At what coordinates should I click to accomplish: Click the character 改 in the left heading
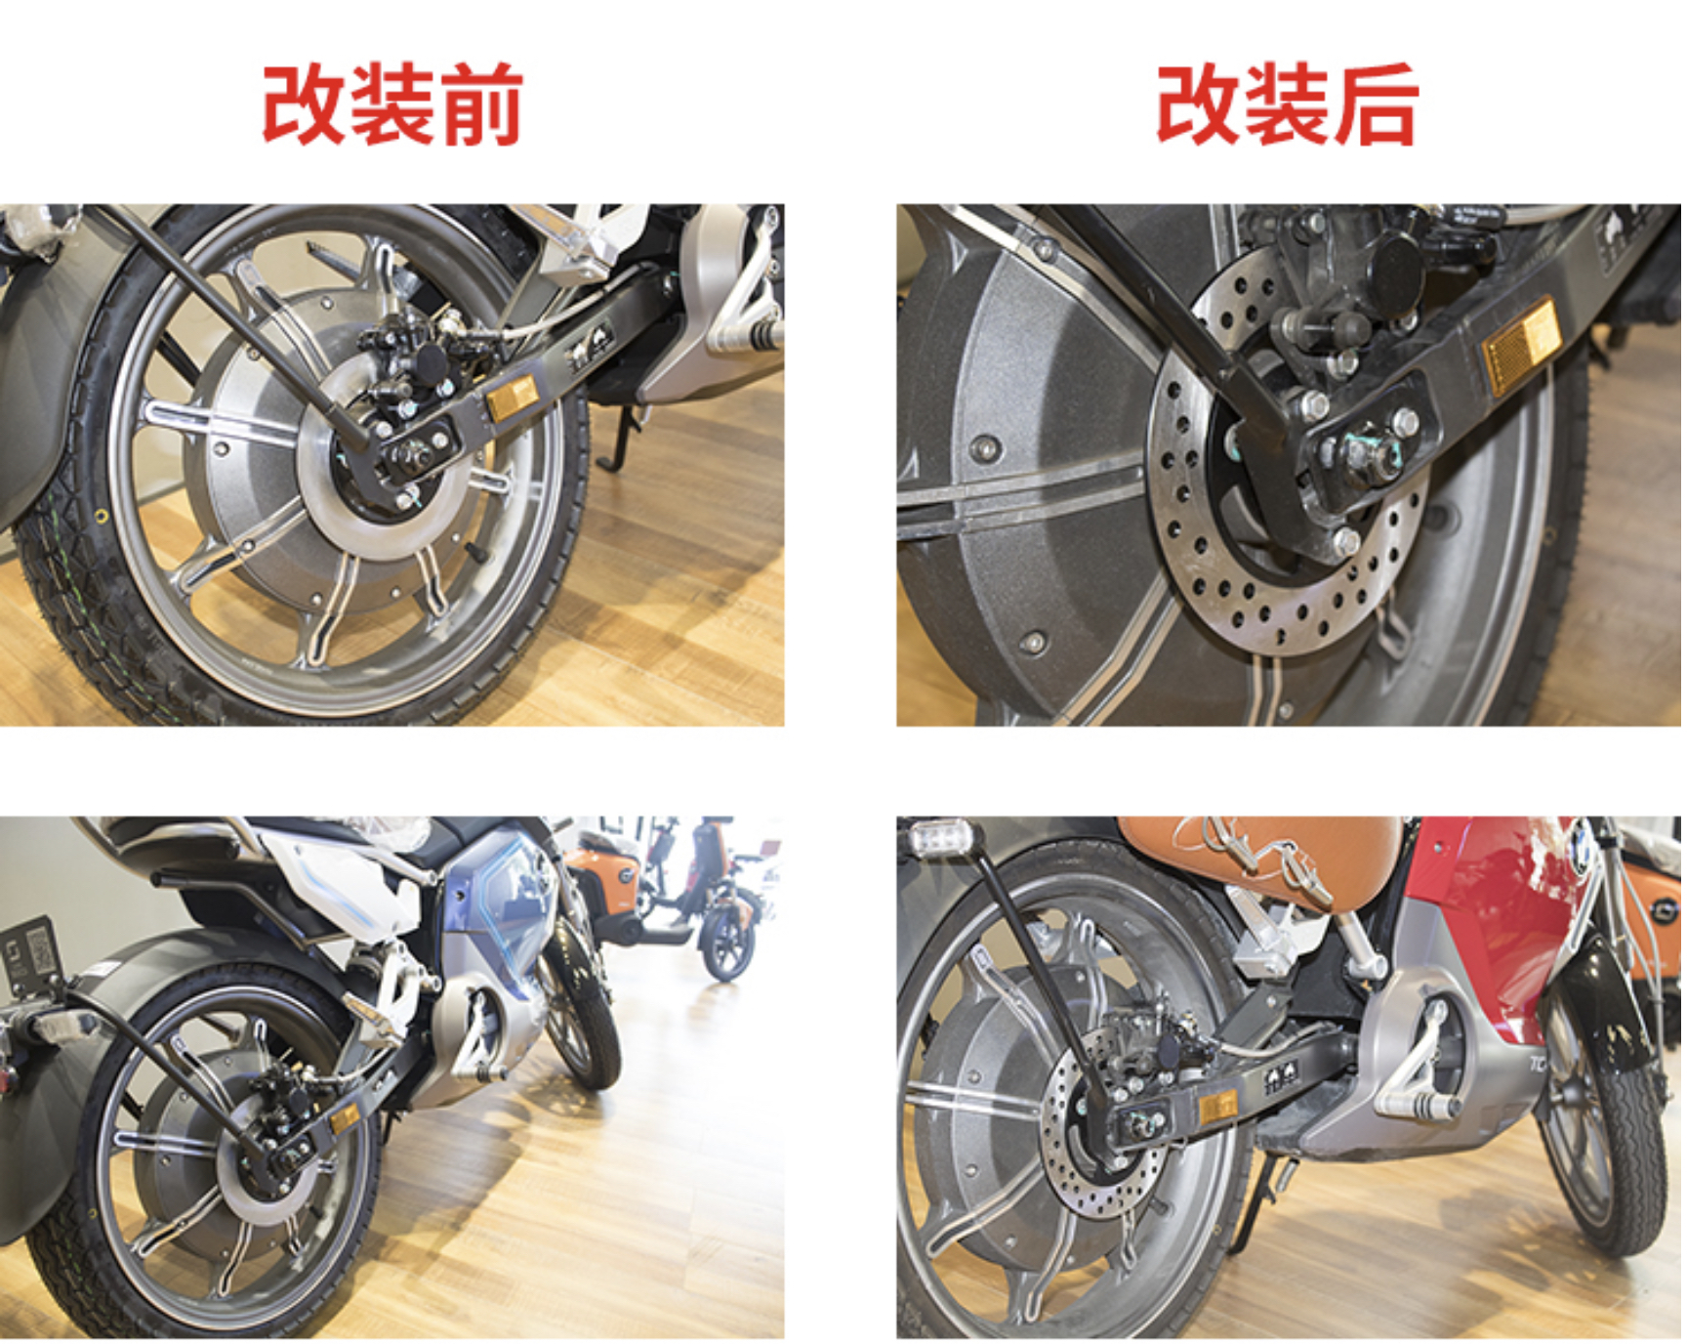point(305,105)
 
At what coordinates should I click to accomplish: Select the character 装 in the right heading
point(1288,105)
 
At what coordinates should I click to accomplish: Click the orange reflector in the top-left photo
point(513,398)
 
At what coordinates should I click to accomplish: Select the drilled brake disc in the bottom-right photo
point(1103,1138)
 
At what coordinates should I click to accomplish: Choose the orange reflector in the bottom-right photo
point(1217,1108)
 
